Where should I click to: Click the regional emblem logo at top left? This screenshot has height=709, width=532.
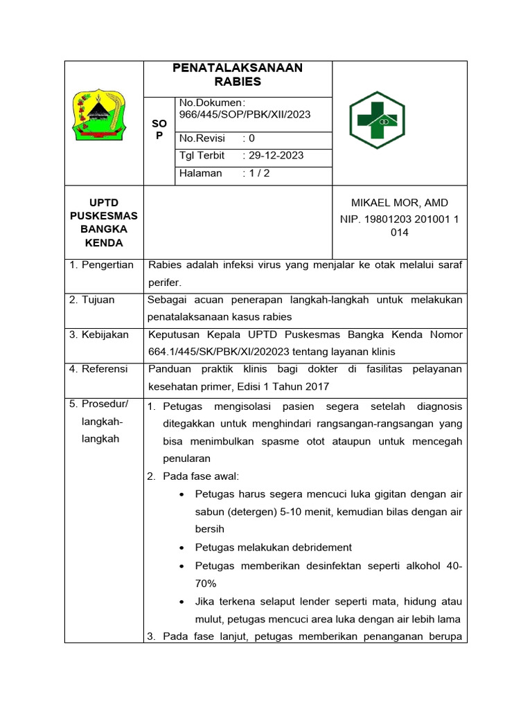click(x=103, y=114)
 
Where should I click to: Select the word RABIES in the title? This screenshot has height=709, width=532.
click(x=238, y=82)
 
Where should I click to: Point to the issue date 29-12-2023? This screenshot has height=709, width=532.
click(x=276, y=156)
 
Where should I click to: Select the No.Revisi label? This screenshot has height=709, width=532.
click(x=202, y=138)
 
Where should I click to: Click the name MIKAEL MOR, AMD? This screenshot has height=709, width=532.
click(x=400, y=203)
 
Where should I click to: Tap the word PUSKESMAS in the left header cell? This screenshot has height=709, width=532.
click(x=104, y=216)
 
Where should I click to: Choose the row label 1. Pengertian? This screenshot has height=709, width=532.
click(x=102, y=265)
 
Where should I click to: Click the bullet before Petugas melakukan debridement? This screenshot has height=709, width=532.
click(x=181, y=548)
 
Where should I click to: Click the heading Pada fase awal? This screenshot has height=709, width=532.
click(x=201, y=476)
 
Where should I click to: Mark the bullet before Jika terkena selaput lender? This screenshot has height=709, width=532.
click(x=181, y=602)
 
